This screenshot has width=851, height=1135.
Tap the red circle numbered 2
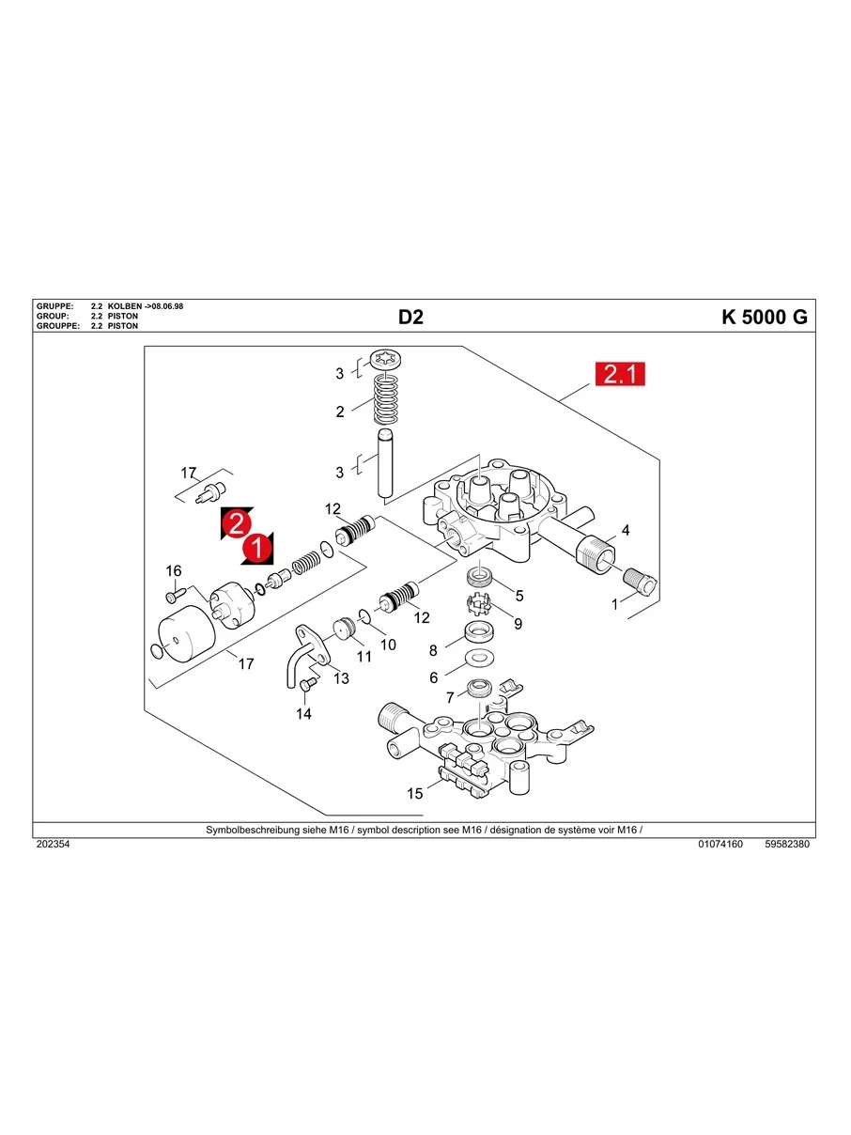[237, 524]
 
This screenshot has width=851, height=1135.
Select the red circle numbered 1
[257, 548]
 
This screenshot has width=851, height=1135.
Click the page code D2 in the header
[410, 318]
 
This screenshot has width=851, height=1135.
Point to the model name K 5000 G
[764, 318]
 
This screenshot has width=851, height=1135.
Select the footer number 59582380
[787, 845]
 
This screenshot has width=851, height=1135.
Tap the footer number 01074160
[720, 845]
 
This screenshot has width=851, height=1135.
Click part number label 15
[414, 794]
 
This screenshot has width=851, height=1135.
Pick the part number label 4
[626, 531]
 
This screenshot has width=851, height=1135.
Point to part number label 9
[518, 623]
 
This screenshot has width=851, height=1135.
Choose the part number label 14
[303, 714]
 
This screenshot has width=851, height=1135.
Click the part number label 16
[173, 571]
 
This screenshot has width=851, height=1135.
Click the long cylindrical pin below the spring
[385, 464]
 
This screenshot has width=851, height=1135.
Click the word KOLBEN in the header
[125, 307]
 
